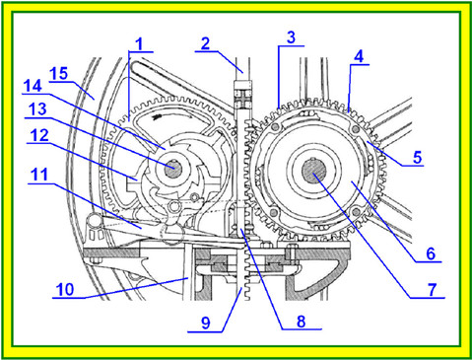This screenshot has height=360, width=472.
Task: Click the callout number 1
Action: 140,44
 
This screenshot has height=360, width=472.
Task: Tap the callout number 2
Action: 206,43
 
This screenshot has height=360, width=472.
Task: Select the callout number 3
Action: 291,37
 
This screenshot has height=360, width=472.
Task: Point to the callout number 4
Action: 359,56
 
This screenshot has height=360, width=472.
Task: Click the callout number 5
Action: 417,157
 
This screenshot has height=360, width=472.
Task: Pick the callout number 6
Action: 431,253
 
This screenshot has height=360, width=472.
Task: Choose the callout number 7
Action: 432,289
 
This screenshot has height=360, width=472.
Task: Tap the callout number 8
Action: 301,322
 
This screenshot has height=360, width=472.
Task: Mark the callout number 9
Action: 206,323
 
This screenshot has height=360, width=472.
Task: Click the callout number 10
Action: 65,289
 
